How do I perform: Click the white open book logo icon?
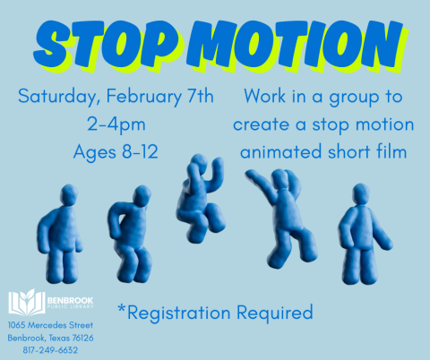click(22, 302)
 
